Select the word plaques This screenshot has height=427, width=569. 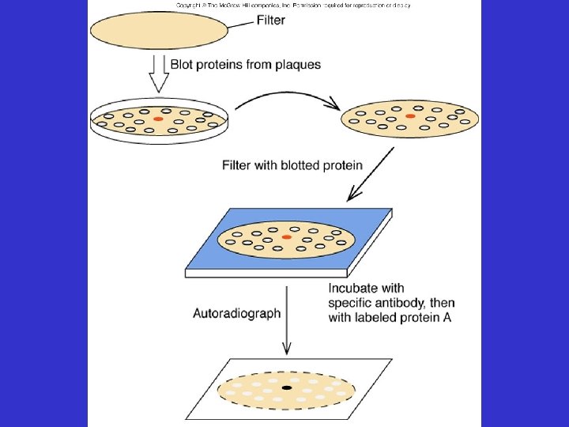coord(299,65)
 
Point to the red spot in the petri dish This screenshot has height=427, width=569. coord(158,119)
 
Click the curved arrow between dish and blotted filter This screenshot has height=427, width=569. coord(284,96)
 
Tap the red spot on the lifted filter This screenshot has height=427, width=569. coord(409,116)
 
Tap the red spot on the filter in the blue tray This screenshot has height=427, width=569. coord(286,236)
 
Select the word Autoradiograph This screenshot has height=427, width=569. coord(237,313)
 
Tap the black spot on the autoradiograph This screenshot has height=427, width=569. coord(286,388)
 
